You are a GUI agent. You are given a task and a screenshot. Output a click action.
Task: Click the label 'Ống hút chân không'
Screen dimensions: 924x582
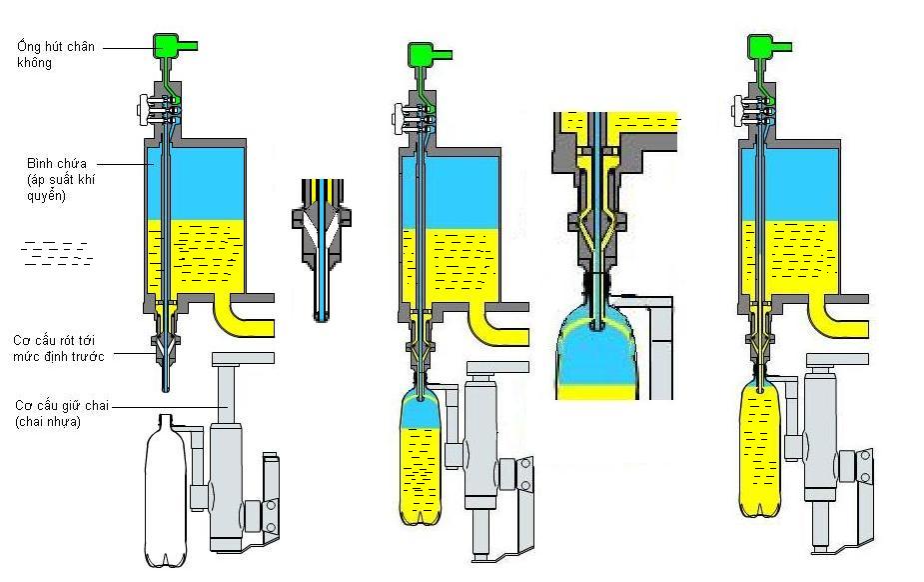(x=56, y=54)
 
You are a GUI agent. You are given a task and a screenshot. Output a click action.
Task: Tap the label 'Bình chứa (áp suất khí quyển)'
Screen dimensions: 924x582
(x=61, y=179)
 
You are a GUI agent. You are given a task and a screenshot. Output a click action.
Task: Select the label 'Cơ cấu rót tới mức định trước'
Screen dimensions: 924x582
(x=58, y=348)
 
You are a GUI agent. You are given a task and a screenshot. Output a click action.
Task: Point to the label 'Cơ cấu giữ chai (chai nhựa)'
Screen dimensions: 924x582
(x=62, y=413)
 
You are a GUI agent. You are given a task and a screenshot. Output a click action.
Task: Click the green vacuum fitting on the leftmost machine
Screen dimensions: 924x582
(x=172, y=46)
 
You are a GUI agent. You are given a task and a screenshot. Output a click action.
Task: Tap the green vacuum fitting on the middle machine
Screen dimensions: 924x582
(x=427, y=55)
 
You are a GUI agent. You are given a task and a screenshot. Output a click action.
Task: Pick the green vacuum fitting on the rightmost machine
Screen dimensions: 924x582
(x=766, y=47)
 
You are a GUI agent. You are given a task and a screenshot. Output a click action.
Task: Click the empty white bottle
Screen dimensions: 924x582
(x=166, y=491)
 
